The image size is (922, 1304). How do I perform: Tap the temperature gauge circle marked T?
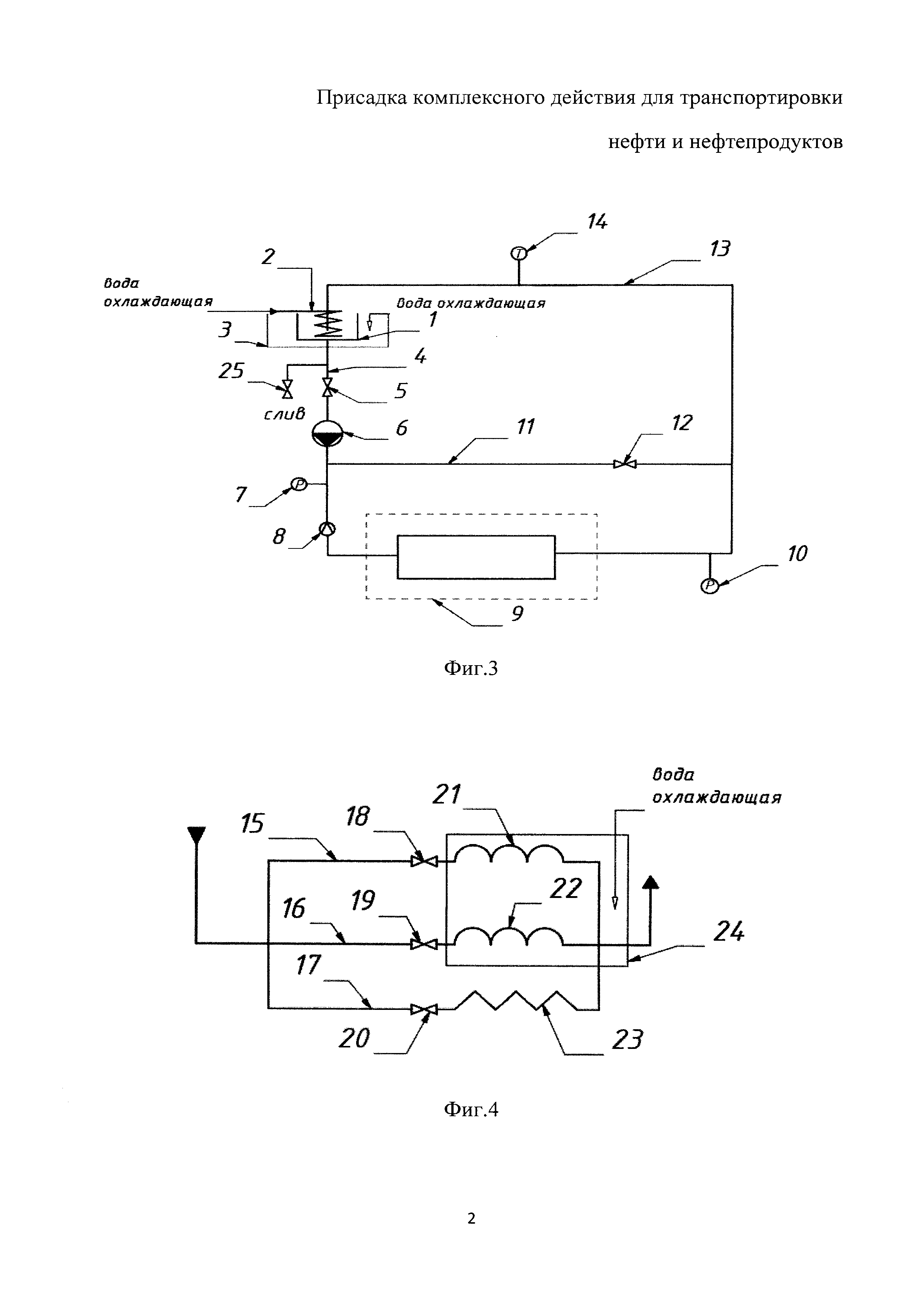click(x=519, y=253)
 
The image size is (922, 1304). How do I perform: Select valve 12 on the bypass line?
click(x=625, y=464)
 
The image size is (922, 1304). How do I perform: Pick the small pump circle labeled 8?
click(x=327, y=529)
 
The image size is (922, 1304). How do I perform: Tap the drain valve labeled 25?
click(x=287, y=390)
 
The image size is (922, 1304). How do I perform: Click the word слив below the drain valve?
click(x=284, y=414)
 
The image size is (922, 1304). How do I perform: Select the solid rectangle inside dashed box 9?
click(x=476, y=557)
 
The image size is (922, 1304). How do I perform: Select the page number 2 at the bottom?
click(x=471, y=1218)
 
